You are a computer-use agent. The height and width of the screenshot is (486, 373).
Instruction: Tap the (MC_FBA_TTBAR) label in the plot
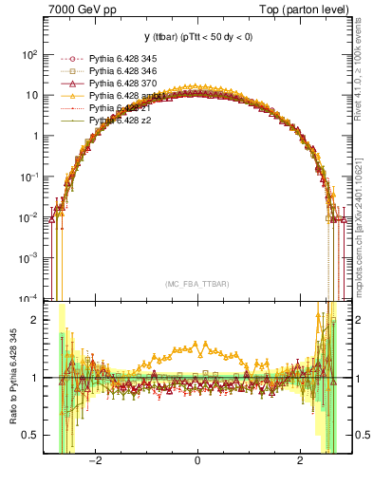point(196,284)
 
